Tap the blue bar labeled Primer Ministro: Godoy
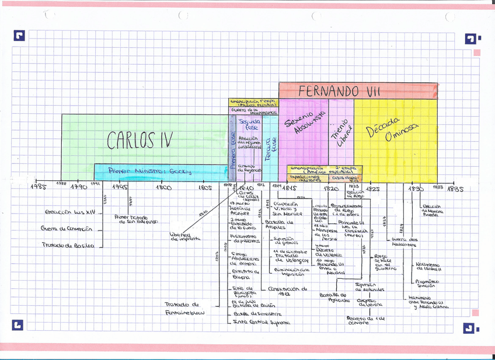point(146,172)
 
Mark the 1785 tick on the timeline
point(39,187)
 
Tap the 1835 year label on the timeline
point(455,189)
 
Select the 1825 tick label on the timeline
point(372,188)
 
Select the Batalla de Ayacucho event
point(334,298)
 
